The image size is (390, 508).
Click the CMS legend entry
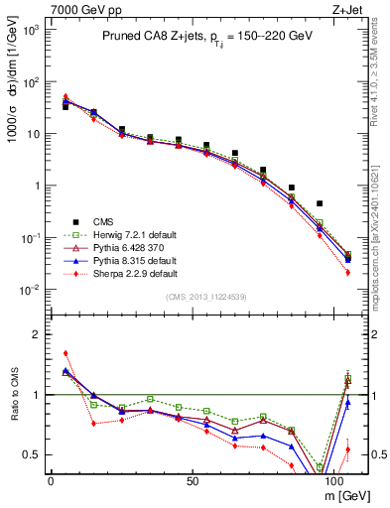pyautogui.click(x=104, y=220)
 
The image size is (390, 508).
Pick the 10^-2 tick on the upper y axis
pyautogui.click(x=30, y=290)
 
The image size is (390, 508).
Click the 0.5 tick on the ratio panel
pyautogui.click(x=32, y=454)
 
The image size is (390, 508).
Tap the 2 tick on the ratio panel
pyautogui.click(x=37, y=334)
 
